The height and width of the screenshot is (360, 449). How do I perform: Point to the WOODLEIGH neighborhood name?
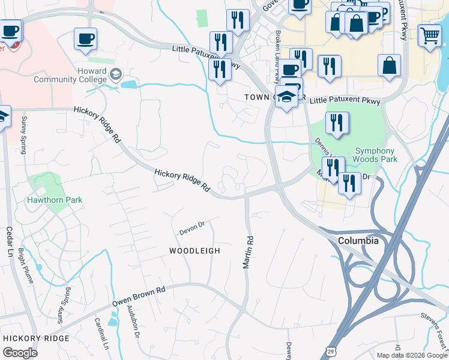pos(194,251)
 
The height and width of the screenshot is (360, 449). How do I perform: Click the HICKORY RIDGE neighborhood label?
pos(36,338)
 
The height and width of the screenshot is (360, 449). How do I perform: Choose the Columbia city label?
pos(358,241)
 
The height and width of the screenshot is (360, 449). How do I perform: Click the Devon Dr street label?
pos(192,228)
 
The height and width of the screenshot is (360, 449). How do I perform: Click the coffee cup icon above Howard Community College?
pos(85,39)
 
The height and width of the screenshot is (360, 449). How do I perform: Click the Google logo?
pos(20,352)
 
